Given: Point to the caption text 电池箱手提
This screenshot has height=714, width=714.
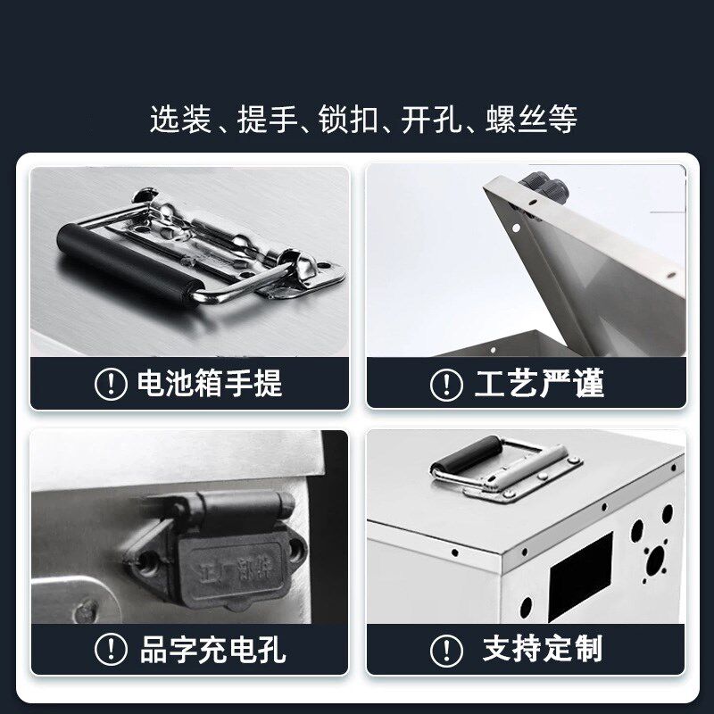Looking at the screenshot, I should coord(209,384).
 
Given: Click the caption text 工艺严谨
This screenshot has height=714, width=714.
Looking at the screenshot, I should coord(541,384).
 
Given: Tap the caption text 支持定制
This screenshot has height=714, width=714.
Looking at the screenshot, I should coord(542,649).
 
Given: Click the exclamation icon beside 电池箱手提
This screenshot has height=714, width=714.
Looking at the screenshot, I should coord(111,385).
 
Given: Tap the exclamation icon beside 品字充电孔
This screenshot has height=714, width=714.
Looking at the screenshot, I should coord(111,649).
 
